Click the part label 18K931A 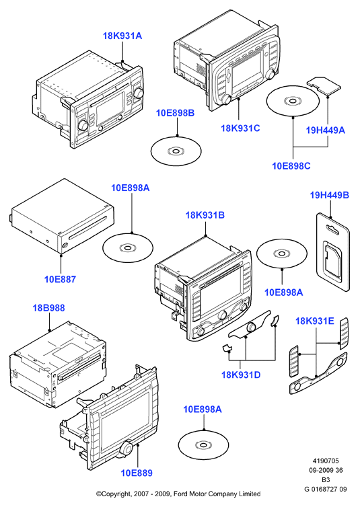(122, 36)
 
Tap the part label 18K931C (240, 128)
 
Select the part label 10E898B (176, 113)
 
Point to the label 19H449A (326, 130)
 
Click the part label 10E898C (291, 166)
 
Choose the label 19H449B (330, 195)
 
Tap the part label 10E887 (60, 279)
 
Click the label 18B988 (49, 308)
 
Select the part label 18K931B (205, 215)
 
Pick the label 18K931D (241, 375)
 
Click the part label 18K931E (315, 321)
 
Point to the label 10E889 (137, 473)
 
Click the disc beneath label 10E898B (176, 151)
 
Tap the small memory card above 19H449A (324, 85)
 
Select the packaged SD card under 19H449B (333, 253)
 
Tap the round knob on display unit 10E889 (126, 448)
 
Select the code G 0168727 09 (326, 489)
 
